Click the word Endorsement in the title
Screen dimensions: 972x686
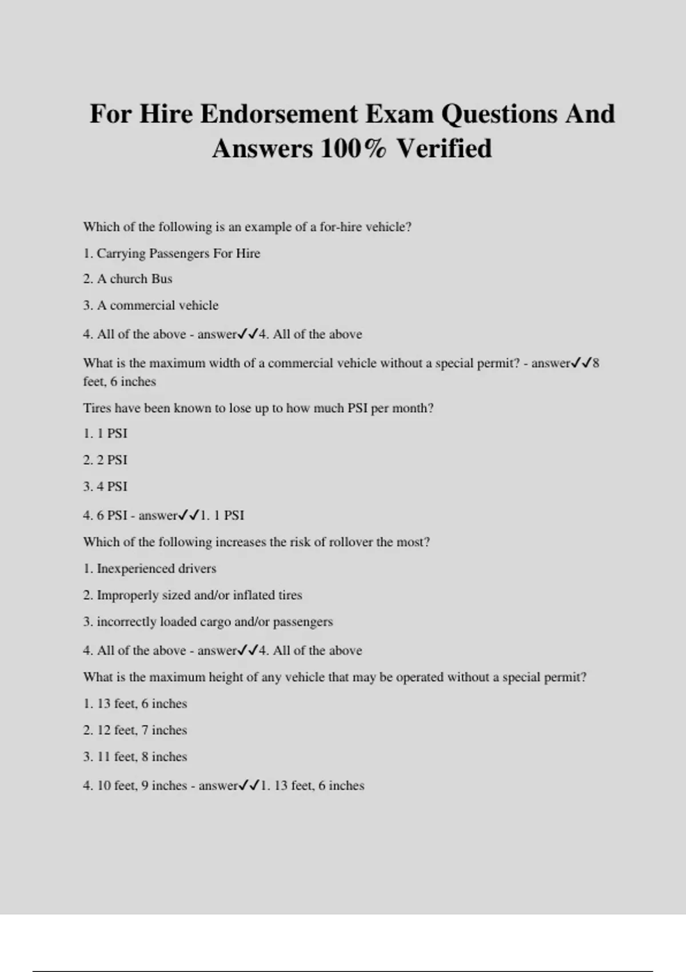point(279,114)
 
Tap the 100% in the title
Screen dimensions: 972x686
point(353,149)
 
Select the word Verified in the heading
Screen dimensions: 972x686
point(444,149)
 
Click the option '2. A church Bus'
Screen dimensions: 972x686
point(127,279)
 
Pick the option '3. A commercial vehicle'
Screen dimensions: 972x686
point(151,305)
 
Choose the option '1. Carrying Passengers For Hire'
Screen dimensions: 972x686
point(171,253)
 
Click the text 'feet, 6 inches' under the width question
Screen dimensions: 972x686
point(119,381)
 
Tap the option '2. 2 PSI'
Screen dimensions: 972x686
point(105,460)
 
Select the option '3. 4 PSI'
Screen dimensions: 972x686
point(105,487)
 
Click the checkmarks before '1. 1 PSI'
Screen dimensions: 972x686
point(188,515)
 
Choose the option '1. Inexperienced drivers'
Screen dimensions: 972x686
point(150,569)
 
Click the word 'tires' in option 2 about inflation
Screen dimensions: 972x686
point(290,595)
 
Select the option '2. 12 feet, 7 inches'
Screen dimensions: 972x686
point(135,730)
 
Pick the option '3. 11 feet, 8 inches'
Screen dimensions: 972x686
point(135,757)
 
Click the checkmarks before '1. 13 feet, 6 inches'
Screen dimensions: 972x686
point(249,786)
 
